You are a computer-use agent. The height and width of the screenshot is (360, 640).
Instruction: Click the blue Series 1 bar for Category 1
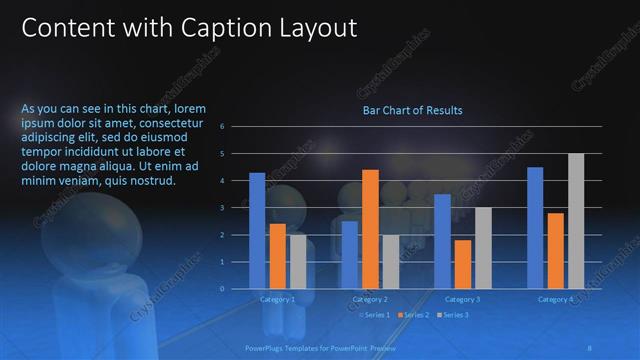(257, 231)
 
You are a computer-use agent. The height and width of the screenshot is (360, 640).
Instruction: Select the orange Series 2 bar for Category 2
(370, 229)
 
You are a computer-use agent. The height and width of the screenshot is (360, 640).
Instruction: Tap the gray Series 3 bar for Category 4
(576, 221)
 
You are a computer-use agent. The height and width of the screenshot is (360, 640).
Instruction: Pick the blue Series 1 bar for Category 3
(442, 241)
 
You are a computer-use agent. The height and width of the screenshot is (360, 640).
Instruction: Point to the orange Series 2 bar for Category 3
(462, 264)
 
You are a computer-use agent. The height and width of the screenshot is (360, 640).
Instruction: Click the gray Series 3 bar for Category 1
(298, 261)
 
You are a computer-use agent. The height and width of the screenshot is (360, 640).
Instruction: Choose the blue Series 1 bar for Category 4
(535, 228)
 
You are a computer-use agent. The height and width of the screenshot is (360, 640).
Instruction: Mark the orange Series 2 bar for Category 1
(278, 256)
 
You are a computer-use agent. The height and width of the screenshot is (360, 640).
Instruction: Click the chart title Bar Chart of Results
(412, 110)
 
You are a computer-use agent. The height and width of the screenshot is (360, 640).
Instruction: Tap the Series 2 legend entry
(413, 315)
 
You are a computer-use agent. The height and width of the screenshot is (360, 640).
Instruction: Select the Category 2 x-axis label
(370, 299)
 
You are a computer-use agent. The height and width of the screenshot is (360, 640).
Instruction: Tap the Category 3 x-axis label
(462, 299)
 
